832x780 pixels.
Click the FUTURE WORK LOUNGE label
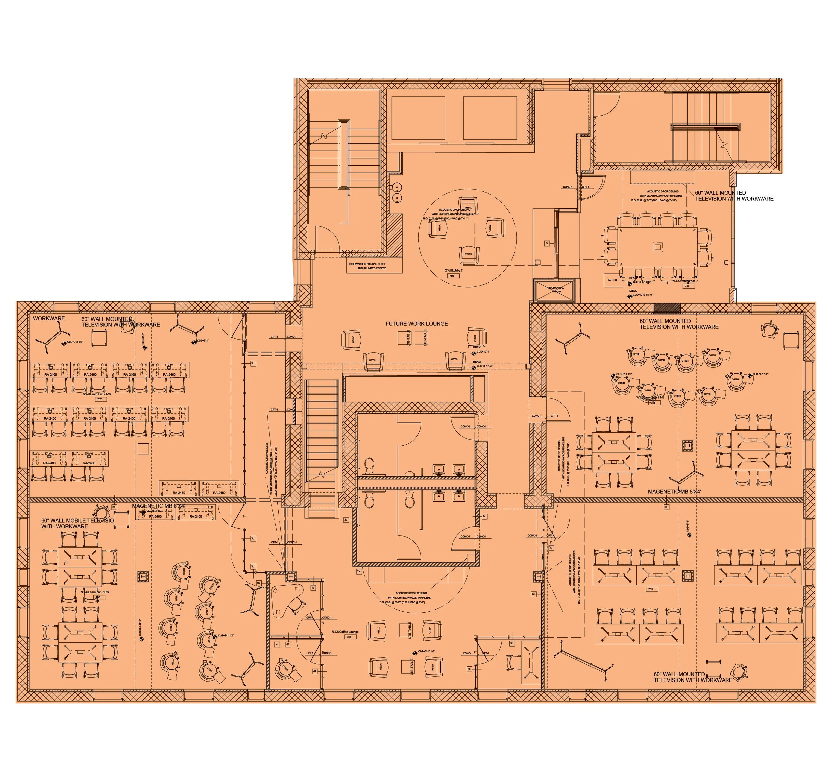point(416,324)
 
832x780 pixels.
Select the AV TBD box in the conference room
point(613,280)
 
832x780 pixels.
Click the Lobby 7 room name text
point(453,270)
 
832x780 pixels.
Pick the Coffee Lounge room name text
point(345,632)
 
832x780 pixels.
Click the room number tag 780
point(451,276)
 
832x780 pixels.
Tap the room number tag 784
point(349,637)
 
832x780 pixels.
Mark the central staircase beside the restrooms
point(322,444)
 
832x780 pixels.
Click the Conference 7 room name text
point(685,281)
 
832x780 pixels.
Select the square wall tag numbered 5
point(546,243)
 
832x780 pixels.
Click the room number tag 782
point(99,399)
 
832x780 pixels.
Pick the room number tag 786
point(687,286)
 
